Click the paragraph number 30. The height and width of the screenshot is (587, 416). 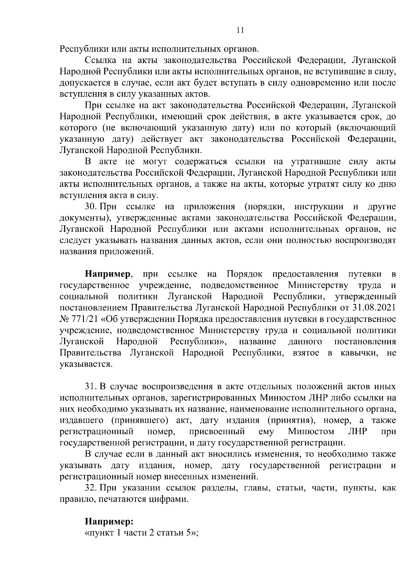click(x=91, y=207)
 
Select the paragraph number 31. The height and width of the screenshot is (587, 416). click(x=91, y=386)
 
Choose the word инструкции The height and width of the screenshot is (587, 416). click(x=319, y=207)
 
